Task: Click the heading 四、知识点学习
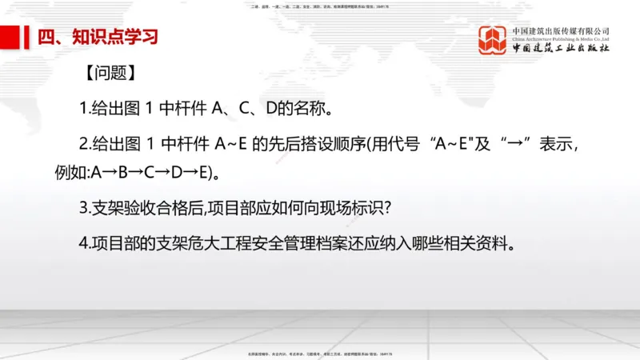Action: coord(90,37)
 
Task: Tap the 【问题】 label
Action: coord(108,74)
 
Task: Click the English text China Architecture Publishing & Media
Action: coord(561,38)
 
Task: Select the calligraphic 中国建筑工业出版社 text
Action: coord(562,49)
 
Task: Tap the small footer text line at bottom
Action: coord(319,352)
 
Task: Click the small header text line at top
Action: coord(319,7)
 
